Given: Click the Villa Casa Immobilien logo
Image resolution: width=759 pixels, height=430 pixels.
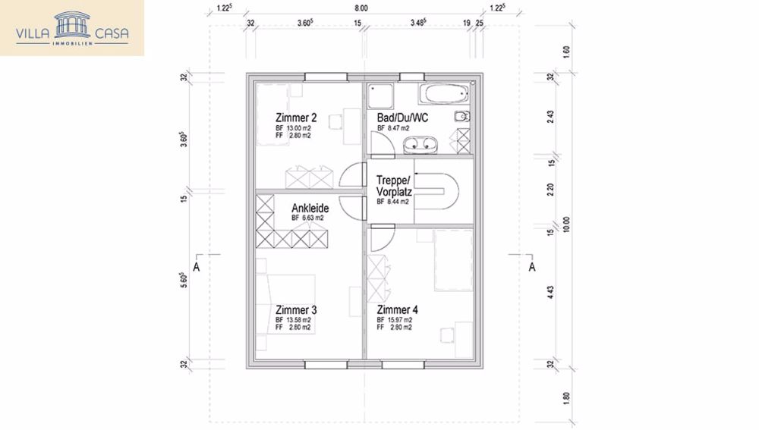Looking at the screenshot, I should point(72,27).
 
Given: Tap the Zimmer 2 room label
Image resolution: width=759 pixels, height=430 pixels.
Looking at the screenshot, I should point(296,118).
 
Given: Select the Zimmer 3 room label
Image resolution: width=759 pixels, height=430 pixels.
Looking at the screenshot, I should point(296,309).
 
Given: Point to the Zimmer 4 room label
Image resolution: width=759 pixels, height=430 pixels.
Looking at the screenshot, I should point(397,309).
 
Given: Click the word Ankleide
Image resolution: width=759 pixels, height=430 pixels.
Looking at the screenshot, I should point(310,207).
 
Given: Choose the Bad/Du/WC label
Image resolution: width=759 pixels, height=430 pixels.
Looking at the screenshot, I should point(402,118).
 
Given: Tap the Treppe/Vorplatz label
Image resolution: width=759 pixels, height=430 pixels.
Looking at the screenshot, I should point(394,187).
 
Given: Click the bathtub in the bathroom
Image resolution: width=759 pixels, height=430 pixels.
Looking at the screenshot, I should point(444,95).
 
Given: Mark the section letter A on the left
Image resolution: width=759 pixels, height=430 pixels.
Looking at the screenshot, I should point(196,267).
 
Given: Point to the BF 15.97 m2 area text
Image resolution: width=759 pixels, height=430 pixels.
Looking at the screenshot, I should point(395,320).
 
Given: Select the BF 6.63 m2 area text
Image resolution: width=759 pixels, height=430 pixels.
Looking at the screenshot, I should point(307,218).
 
